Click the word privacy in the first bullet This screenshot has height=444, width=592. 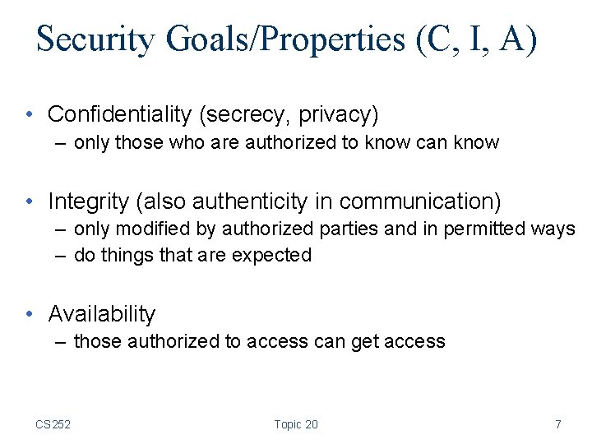pyautogui.click(x=338, y=113)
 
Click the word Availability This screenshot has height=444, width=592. pyautogui.click(x=102, y=314)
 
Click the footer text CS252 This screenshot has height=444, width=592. pyautogui.click(x=53, y=424)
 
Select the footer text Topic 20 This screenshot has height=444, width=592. pyautogui.click(x=296, y=424)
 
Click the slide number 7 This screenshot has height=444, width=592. pyautogui.click(x=558, y=424)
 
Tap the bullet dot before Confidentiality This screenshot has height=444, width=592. pyautogui.click(x=30, y=114)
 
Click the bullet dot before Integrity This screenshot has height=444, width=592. pyautogui.click(x=30, y=201)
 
